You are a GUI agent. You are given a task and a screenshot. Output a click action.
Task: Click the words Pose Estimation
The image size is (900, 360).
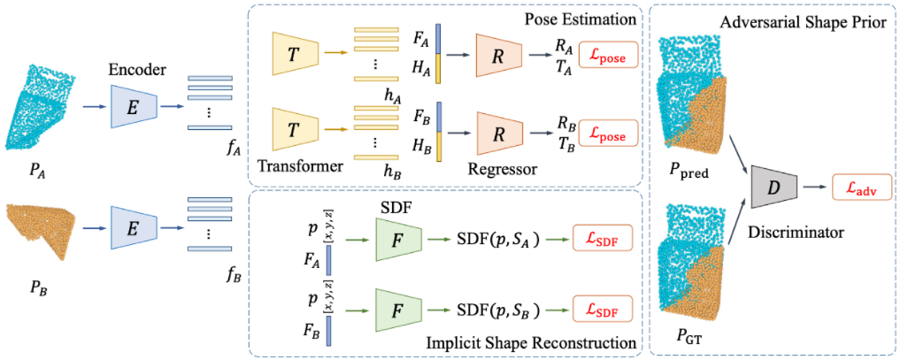coord(579,19)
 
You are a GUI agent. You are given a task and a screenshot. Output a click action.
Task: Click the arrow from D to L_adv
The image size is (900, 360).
coord(814,187)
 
